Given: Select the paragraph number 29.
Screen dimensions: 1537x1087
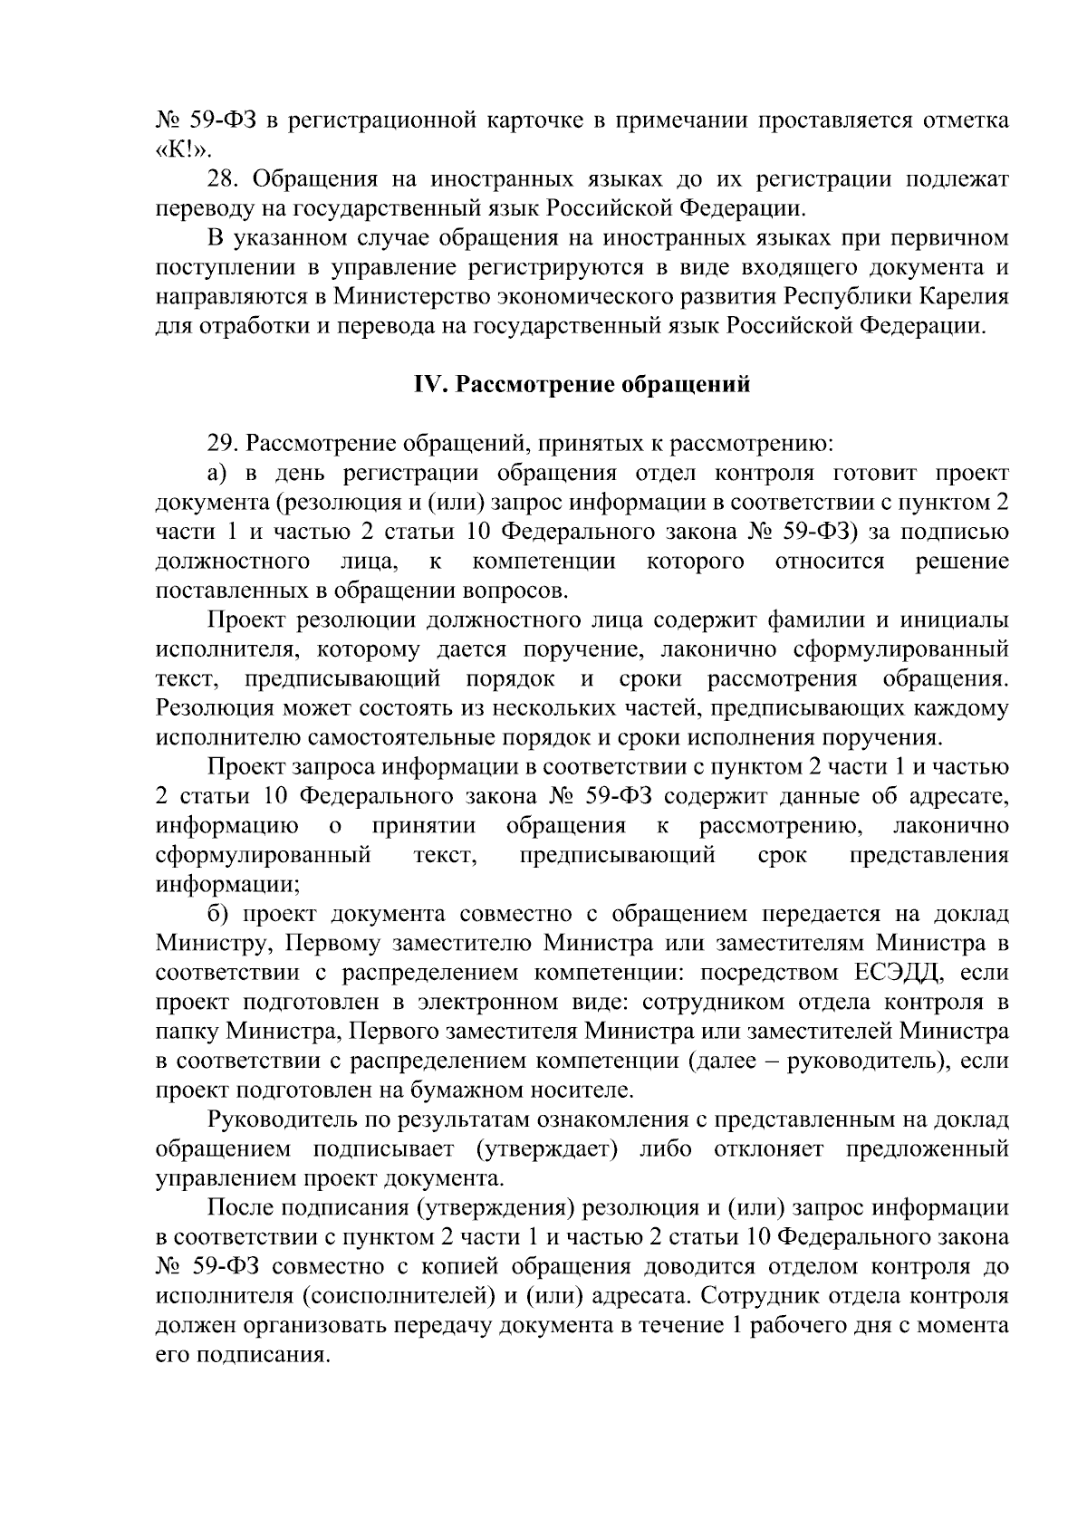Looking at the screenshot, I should [x=222, y=444].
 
